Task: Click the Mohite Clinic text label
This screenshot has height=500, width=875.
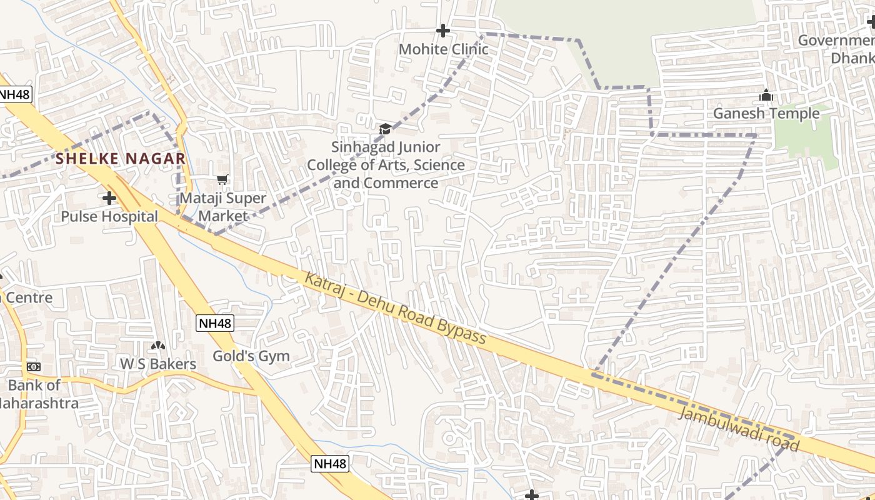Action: click(x=443, y=49)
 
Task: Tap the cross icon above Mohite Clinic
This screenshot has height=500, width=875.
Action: click(x=443, y=30)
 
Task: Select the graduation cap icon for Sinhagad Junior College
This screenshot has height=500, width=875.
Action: click(x=385, y=129)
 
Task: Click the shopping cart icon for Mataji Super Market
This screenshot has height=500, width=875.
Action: click(x=222, y=180)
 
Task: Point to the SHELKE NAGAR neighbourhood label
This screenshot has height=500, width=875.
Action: click(x=121, y=159)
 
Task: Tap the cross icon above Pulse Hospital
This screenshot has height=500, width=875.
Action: click(x=109, y=198)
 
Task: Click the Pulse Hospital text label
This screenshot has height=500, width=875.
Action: click(x=109, y=216)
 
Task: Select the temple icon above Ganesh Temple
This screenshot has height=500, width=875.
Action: click(x=766, y=96)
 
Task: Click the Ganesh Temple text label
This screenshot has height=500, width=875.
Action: click(x=766, y=113)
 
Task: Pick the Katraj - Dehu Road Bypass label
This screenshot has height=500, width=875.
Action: click(x=395, y=308)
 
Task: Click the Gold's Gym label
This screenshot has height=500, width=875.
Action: click(x=251, y=356)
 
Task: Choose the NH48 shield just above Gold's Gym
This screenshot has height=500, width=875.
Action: click(x=215, y=323)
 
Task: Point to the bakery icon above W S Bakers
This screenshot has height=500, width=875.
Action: click(x=158, y=346)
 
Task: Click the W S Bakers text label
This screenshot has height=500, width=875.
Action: click(x=158, y=364)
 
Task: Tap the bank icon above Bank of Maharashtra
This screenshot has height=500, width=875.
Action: click(x=34, y=367)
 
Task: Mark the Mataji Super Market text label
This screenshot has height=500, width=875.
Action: click(x=223, y=207)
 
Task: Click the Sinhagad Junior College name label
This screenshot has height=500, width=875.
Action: click(x=386, y=165)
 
